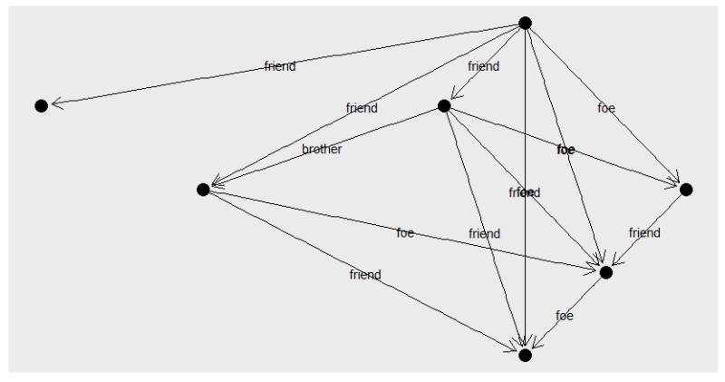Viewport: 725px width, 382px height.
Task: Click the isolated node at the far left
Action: click(41, 105)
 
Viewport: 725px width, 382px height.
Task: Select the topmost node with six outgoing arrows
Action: click(525, 23)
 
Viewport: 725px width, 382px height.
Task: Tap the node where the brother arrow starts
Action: click(444, 105)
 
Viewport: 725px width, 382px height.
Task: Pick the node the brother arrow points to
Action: click(203, 189)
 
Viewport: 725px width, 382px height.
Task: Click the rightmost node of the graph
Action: click(686, 189)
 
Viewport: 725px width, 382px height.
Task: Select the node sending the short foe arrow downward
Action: click(606, 271)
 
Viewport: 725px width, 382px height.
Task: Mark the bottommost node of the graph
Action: click(525, 355)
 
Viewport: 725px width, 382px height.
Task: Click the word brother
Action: click(322, 150)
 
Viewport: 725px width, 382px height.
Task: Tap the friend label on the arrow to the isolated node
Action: click(280, 66)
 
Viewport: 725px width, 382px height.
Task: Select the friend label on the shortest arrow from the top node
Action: click(483, 66)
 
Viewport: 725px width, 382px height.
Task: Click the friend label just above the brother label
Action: click(362, 108)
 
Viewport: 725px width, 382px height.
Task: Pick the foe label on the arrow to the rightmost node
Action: click(606, 108)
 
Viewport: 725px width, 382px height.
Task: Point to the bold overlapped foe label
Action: click(565, 150)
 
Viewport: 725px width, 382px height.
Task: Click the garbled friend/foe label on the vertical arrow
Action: click(525, 192)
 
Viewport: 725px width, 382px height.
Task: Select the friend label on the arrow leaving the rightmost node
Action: click(645, 233)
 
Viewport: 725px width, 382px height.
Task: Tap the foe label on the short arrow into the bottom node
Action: click(565, 316)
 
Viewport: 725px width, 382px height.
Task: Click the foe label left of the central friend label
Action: click(405, 233)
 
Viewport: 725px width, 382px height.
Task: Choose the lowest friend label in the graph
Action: click(365, 275)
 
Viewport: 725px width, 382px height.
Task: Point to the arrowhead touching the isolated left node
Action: click(55, 103)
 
